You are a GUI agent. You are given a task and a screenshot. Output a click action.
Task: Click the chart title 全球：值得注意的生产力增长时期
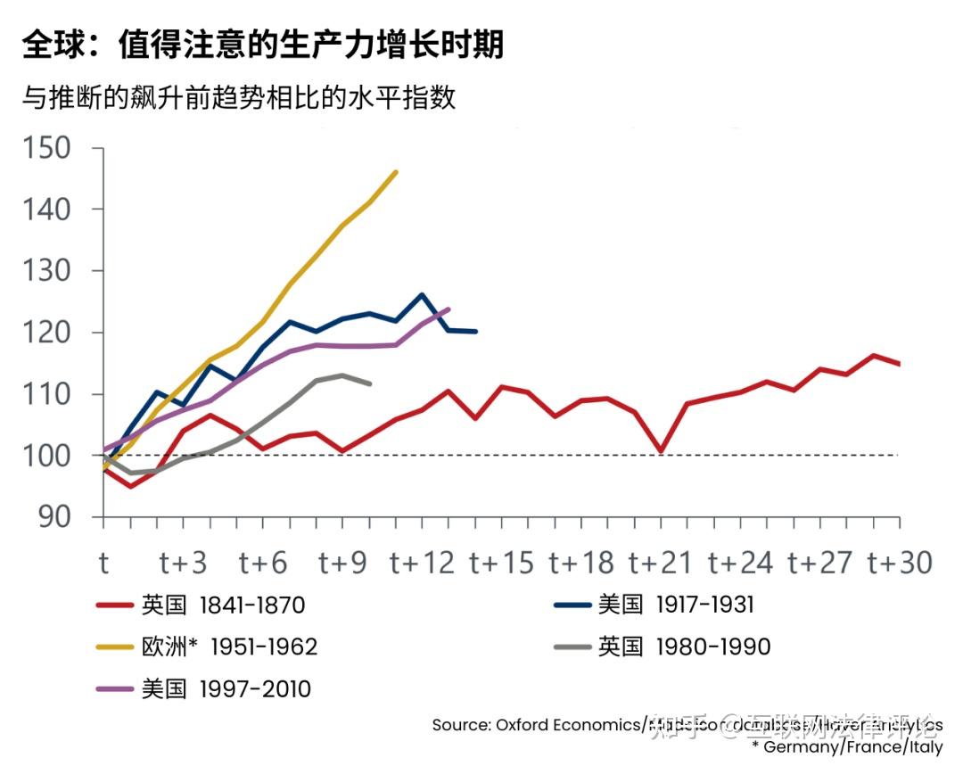(263, 44)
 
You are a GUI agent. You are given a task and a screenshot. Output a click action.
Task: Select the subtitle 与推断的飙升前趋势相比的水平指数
(239, 96)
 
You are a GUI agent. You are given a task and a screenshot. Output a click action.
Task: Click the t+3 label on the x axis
(184, 563)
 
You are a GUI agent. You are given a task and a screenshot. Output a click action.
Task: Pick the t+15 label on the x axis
(502, 563)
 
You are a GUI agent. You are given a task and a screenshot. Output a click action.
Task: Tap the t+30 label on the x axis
(900, 563)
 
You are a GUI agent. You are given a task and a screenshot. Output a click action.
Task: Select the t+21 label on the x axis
(661, 563)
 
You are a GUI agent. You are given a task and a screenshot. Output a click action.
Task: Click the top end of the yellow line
(396, 172)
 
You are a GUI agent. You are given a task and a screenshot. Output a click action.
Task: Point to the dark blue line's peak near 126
(422, 294)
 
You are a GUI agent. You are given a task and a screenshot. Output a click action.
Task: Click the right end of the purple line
(449, 309)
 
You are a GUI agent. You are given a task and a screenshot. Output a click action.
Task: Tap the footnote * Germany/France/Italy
(846, 746)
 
